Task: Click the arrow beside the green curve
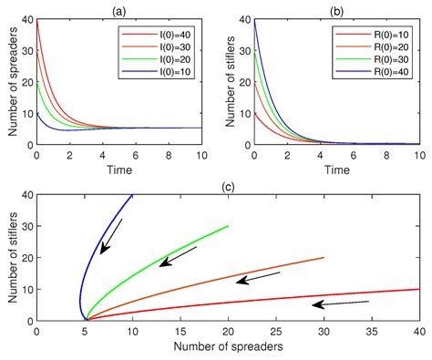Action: [176, 258]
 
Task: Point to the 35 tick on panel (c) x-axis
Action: [371, 334]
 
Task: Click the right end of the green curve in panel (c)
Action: [228, 226]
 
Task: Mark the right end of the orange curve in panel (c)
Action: [324, 257]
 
